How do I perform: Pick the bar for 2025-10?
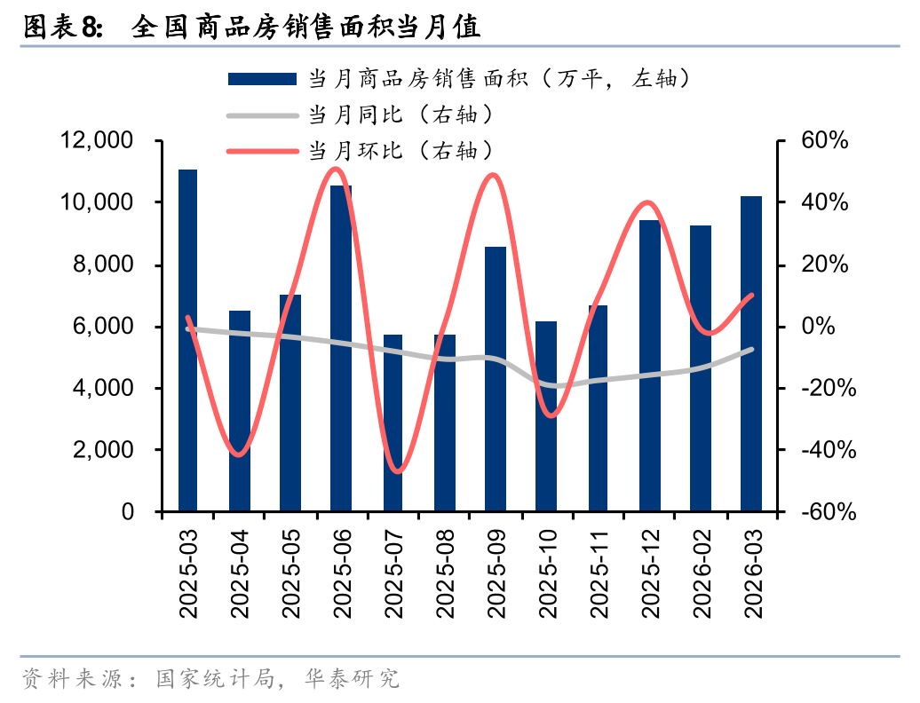click(x=546, y=416)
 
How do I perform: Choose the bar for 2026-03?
click(x=751, y=354)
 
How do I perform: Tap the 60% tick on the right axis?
click(x=825, y=141)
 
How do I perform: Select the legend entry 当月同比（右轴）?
click(x=400, y=115)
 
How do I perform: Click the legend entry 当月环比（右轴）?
click(x=400, y=150)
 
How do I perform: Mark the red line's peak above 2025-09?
click(x=494, y=175)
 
